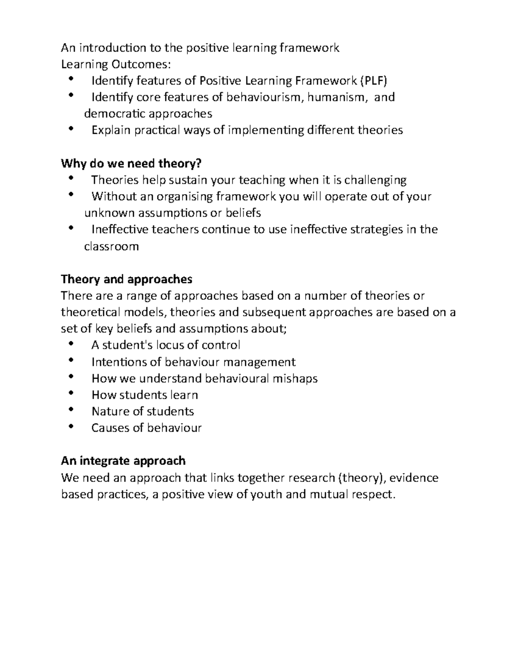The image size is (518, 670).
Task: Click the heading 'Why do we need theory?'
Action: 131,164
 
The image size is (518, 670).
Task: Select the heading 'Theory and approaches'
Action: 126,279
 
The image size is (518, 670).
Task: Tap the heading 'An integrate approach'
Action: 123,461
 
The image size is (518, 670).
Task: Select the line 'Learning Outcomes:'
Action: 116,64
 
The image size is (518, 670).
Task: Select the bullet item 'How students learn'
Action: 145,395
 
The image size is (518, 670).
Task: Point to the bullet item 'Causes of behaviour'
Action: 146,428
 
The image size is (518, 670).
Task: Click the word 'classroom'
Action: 111,247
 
